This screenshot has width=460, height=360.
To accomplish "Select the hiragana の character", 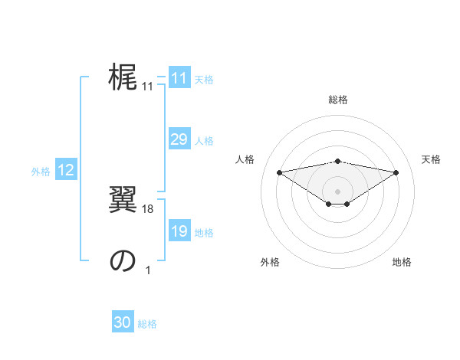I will [122, 262].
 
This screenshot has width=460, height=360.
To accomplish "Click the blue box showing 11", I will [179, 78].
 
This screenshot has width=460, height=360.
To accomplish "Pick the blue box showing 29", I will [179, 139].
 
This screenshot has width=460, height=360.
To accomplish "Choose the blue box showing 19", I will [179, 232].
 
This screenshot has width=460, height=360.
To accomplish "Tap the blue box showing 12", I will [66, 171].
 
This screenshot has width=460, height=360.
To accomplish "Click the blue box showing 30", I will [123, 322].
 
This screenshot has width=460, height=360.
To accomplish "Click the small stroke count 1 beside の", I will [148, 270].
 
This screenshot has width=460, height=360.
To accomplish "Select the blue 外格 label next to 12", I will [41, 172].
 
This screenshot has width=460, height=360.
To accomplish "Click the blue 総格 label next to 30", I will [147, 324].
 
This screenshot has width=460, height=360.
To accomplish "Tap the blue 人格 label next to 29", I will [204, 141].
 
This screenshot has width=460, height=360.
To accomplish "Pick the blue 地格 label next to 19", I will [204, 233].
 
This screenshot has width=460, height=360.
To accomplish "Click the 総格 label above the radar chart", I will [337, 100].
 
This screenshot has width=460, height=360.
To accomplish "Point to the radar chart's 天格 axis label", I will [431, 159].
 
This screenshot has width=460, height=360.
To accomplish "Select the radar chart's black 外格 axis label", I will [270, 263].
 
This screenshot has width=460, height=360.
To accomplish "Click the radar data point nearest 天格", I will [396, 172].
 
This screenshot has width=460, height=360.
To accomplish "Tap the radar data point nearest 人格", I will [279, 172].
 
